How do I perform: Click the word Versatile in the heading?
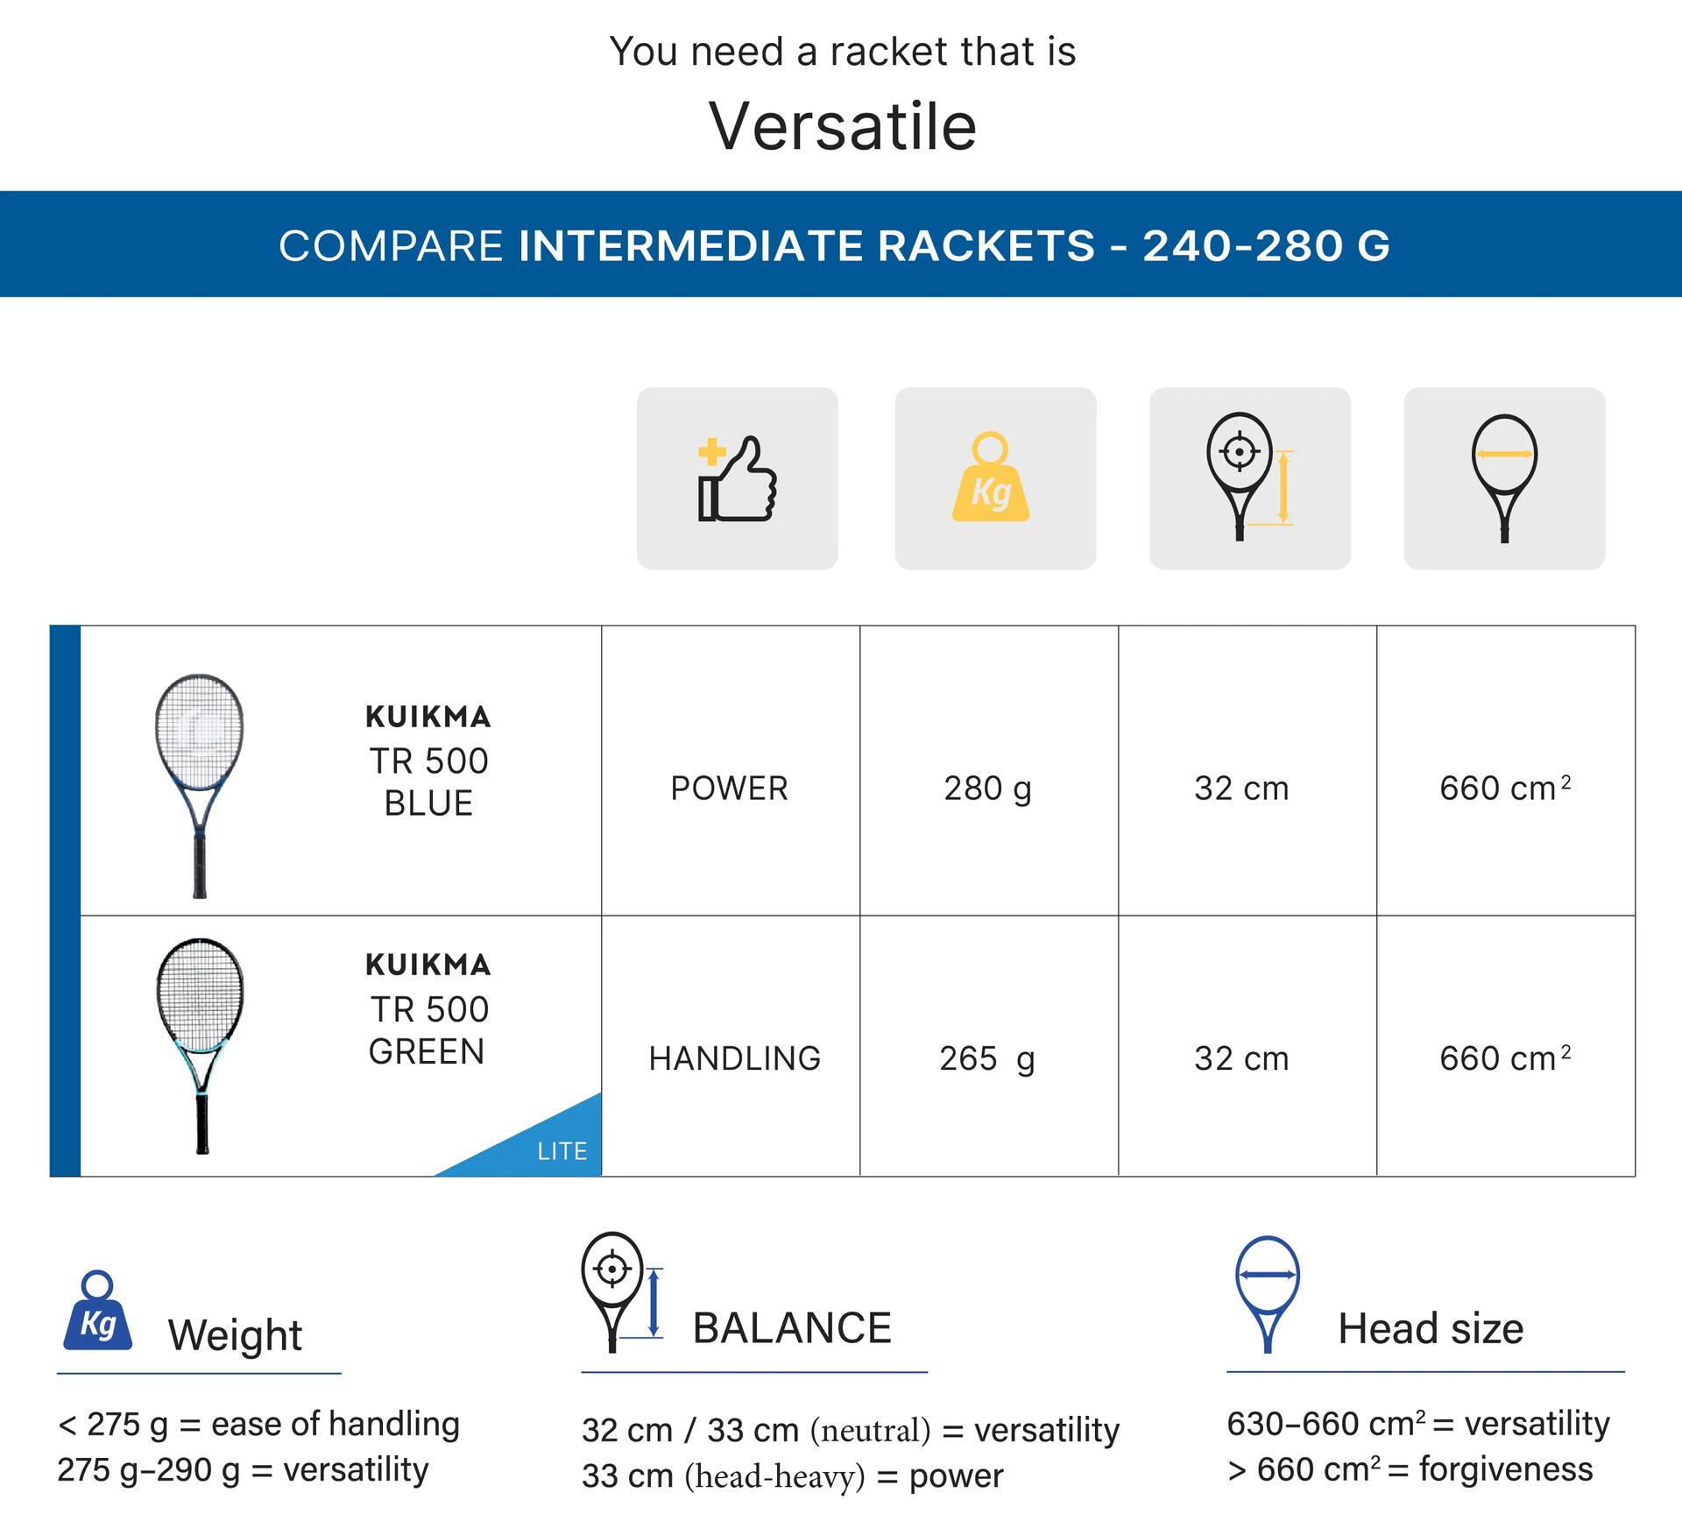[842, 126]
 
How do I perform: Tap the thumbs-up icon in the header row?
[738, 478]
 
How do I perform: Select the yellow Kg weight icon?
[991, 477]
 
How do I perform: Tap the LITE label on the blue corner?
[562, 1151]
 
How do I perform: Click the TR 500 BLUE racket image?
[200, 786]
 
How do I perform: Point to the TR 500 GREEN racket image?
[200, 1046]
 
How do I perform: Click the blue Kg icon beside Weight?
[97, 1311]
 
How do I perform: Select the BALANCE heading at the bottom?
[792, 1328]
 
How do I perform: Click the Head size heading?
[1431, 1329]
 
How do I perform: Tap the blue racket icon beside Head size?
[1267, 1294]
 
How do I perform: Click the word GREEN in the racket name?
[427, 1051]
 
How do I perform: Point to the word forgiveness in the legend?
[1506, 1469]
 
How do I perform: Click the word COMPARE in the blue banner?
[391, 245]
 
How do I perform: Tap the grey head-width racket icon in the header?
[1504, 478]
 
